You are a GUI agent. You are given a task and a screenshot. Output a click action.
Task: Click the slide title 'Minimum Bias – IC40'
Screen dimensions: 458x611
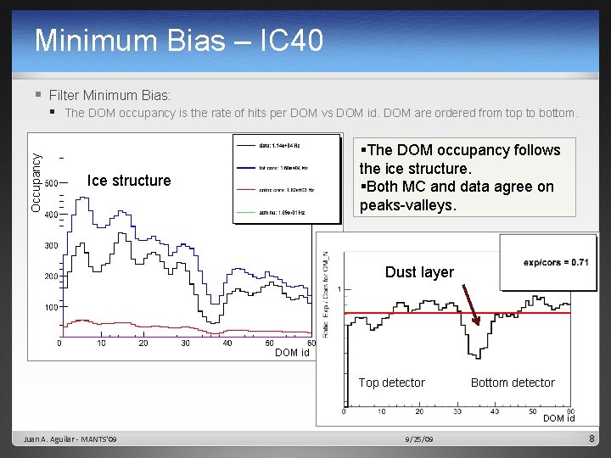[x=179, y=40]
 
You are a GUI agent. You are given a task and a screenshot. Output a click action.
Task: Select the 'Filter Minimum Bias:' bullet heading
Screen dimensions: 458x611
[x=109, y=95]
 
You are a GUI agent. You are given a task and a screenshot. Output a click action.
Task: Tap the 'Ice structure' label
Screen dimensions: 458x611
[x=129, y=180]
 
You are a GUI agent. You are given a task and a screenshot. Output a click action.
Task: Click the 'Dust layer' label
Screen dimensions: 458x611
[x=419, y=272]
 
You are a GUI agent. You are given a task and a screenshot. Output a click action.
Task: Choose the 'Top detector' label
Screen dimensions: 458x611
[x=391, y=383]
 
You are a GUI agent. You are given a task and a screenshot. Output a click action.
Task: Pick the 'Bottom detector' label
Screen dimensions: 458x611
[x=513, y=383]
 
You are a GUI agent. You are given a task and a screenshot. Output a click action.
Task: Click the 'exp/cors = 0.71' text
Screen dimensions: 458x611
[x=556, y=262]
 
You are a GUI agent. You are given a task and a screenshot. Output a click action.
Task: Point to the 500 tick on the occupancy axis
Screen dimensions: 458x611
[x=51, y=184]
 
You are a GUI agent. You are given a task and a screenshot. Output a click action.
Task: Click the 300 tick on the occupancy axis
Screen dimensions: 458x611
[x=51, y=246]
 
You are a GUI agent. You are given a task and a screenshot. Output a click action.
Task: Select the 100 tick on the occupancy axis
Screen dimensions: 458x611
[x=51, y=307]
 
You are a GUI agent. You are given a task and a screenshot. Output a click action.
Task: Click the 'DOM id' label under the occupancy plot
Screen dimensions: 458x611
[x=292, y=353]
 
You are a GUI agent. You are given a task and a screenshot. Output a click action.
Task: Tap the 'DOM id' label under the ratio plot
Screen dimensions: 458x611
[x=559, y=418]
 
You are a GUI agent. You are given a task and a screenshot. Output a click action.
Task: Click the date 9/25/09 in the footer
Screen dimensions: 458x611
[x=419, y=438]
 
